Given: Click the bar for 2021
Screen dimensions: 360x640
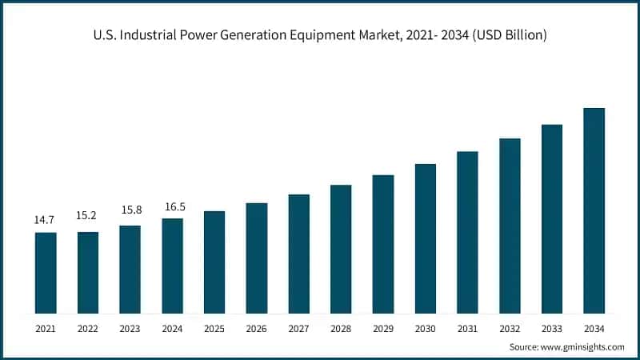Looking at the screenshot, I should [46, 272].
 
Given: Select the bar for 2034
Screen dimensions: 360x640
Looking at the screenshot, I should [594, 210].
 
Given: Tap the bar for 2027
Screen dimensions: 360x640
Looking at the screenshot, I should [298, 253].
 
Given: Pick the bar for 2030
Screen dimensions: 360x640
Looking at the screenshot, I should [425, 238].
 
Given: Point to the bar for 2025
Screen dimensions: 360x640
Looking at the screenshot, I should [214, 262].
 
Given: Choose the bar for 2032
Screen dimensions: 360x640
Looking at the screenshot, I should [510, 225].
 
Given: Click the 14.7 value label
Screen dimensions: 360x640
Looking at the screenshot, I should [46, 218].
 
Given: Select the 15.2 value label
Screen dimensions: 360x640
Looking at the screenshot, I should [88, 215].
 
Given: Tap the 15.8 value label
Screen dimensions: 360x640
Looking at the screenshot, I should [130, 210].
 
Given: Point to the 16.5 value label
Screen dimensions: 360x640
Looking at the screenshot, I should [172, 206].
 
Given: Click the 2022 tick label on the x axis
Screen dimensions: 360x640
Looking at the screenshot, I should [88, 328].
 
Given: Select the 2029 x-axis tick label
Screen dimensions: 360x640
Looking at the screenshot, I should [383, 328].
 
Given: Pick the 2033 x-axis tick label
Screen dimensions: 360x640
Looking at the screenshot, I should [552, 328].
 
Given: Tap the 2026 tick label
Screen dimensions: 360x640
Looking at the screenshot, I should [257, 328].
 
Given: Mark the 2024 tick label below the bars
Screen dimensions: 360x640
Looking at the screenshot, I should [172, 328].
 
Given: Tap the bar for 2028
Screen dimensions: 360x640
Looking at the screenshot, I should [341, 248].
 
